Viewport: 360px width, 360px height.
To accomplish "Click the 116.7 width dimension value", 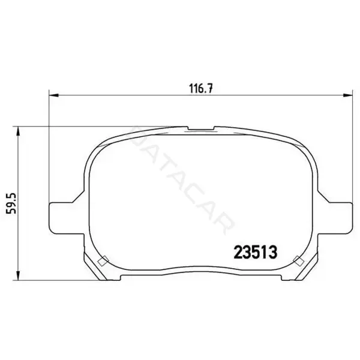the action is pyautogui.click(x=201, y=88).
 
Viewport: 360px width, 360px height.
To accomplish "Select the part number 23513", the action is pyautogui.click(x=256, y=252).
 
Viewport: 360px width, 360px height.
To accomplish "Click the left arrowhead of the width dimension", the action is pyautogui.click(x=54, y=95).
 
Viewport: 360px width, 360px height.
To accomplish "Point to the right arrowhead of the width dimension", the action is pyautogui.click(x=347, y=95).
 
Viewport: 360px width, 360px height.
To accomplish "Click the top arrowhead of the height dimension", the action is pyautogui.click(x=18, y=131).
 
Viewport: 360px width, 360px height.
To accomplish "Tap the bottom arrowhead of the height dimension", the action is pyautogui.click(x=18, y=275).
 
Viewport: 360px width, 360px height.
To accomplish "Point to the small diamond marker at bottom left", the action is pyautogui.click(x=103, y=261).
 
